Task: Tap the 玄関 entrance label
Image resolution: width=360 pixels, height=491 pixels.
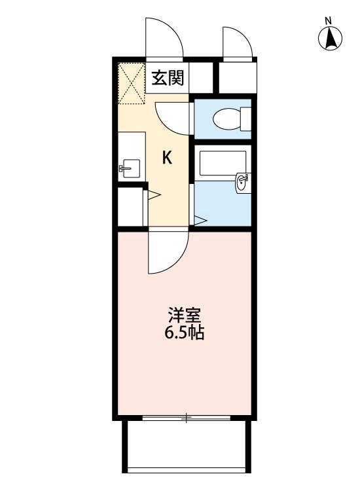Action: [x=168, y=79]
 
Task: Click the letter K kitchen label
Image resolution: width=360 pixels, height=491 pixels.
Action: [x=168, y=158]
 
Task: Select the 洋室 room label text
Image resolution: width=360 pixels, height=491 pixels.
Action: [x=185, y=315]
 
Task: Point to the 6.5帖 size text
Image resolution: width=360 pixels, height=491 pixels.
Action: [x=185, y=333]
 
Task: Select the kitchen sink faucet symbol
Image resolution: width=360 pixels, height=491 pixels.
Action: [x=127, y=169]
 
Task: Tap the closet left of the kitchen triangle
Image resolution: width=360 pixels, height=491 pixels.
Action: [x=131, y=206]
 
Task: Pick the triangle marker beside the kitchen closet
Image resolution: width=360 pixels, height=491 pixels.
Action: [x=154, y=195]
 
